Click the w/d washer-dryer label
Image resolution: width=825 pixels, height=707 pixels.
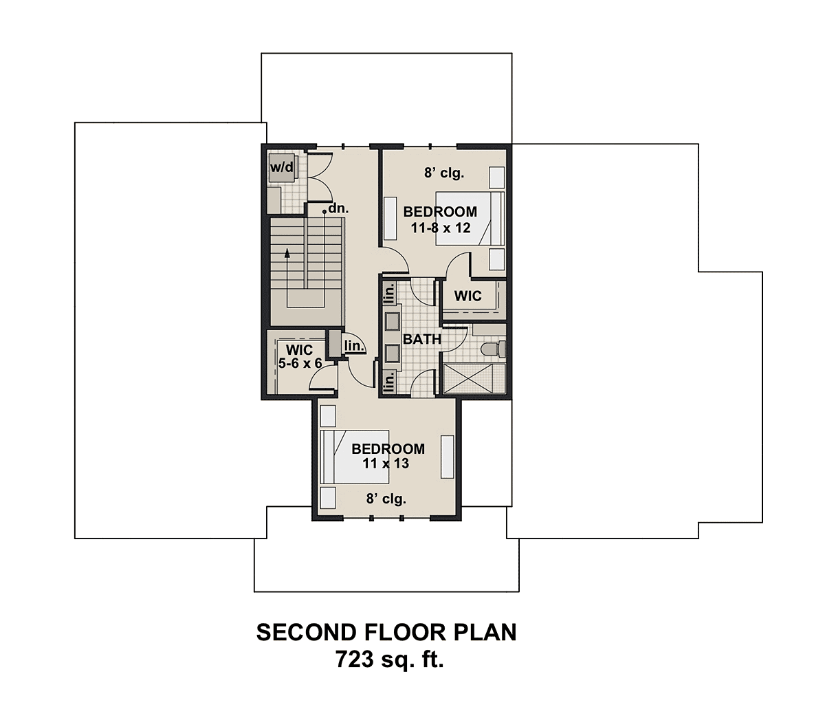tap(281, 167)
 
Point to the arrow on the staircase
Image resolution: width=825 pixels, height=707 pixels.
tap(287, 261)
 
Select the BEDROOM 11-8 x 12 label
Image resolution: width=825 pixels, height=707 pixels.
tap(440, 219)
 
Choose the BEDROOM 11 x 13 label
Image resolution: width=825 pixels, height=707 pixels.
tap(388, 456)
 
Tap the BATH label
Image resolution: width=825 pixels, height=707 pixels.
tap(421, 339)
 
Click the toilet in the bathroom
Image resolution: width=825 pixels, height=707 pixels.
tap(494, 349)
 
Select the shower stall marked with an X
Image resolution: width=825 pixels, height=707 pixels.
tap(474, 379)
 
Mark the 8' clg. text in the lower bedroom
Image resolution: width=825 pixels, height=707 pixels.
tap(386, 499)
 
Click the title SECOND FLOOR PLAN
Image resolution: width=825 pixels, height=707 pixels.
tap(386, 632)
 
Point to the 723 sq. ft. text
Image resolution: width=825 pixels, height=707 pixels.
tap(389, 660)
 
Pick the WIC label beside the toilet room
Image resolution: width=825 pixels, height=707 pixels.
tap(467, 297)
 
